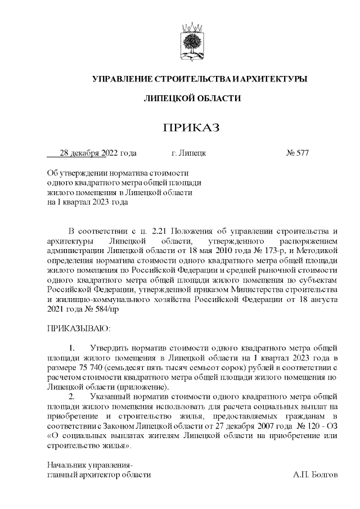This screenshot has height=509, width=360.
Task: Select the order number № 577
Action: pos(298,153)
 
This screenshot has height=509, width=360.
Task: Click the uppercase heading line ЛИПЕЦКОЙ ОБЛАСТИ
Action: pos(191,98)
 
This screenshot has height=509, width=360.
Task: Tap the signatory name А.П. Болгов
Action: pos(315,475)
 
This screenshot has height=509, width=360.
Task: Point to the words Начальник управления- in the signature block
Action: pos(89,465)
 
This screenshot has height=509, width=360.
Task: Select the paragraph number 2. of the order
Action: pos(72,397)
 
